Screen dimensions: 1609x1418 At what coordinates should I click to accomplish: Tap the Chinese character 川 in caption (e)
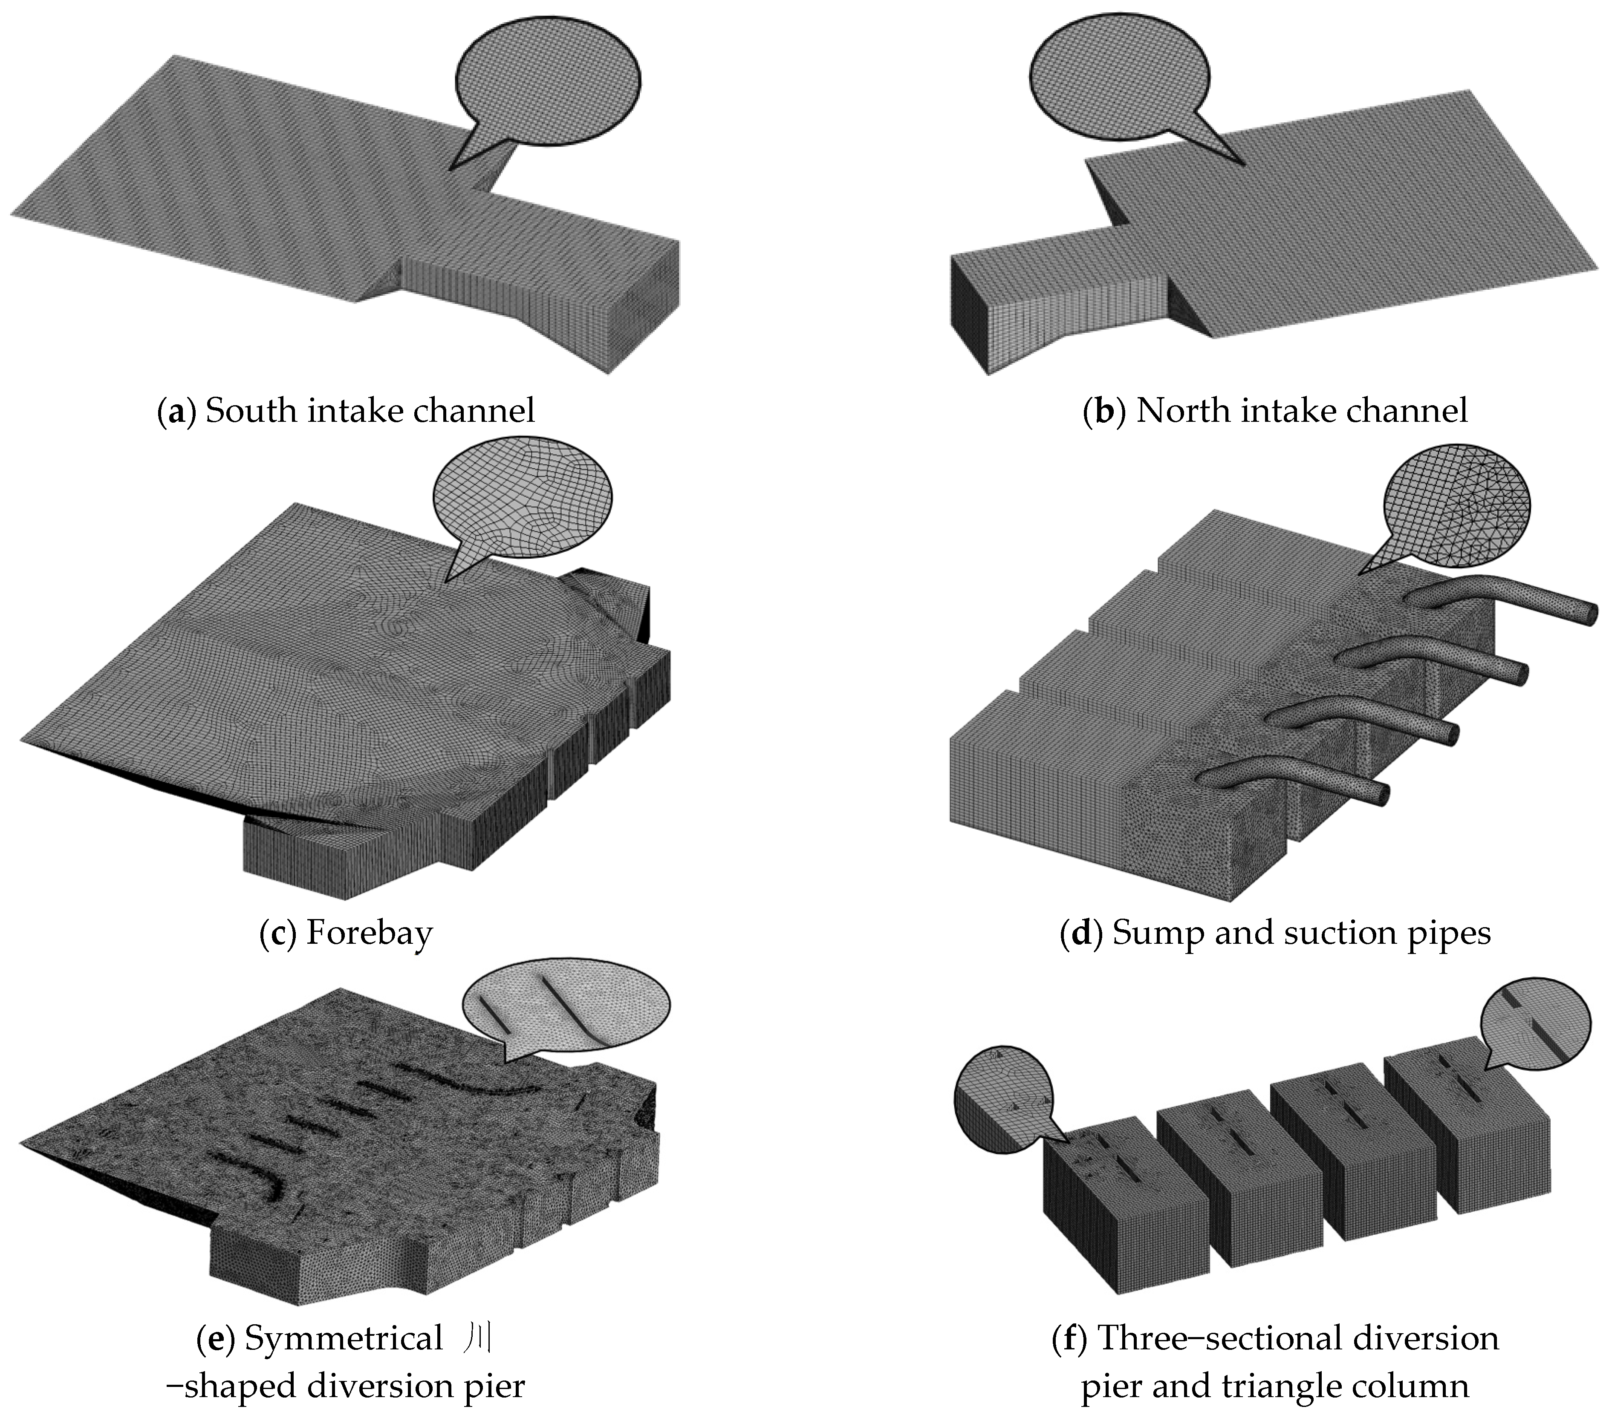pos(476,1338)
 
